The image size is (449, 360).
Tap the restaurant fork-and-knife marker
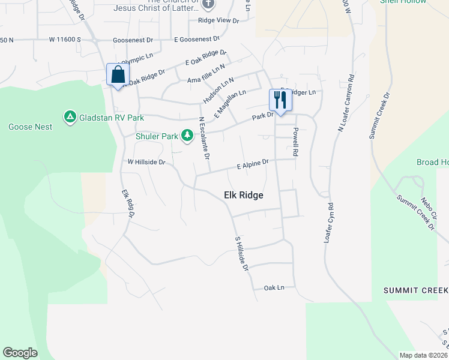pos(280,100)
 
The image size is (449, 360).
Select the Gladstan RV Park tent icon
pos(70,116)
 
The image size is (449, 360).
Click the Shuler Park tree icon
pos(187,135)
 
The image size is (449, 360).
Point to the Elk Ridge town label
pos(243,195)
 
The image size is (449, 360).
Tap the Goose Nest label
pos(30,127)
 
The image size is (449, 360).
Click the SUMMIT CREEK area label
pos(416,290)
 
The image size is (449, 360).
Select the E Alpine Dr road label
pos(252,163)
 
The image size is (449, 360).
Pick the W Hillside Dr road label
pos(146,162)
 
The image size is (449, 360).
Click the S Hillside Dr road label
pos(241,253)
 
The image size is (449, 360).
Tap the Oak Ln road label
pos(274,288)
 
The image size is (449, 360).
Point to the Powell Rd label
pos(295,142)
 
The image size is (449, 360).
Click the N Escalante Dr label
pos(204,137)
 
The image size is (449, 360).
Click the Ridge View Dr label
pos(218,20)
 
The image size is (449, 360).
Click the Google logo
pos(20,353)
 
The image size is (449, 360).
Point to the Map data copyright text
pos(423,355)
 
